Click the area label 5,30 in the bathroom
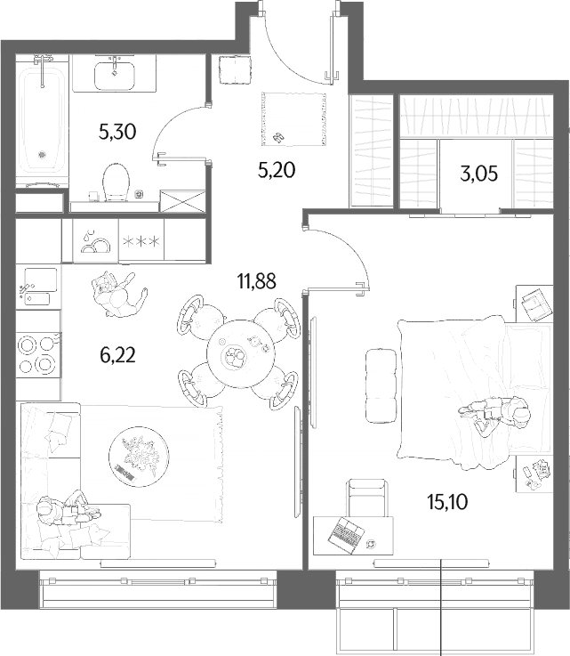click(x=117, y=133)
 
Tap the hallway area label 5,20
click(x=277, y=170)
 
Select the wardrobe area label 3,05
click(x=479, y=174)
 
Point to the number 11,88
click(x=257, y=281)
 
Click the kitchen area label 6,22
click(x=118, y=355)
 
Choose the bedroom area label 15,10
click(x=447, y=502)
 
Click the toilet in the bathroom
click(x=115, y=182)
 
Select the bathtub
click(x=42, y=121)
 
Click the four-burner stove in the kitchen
click(x=38, y=355)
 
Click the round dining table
click(x=241, y=353)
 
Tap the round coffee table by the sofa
click(x=139, y=456)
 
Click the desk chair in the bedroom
click(x=366, y=498)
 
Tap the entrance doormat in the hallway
click(x=293, y=119)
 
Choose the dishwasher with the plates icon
click(x=96, y=241)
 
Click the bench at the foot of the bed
click(x=381, y=385)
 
